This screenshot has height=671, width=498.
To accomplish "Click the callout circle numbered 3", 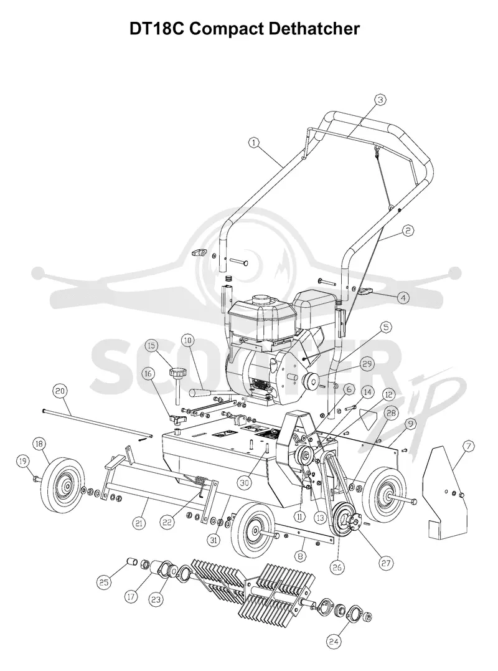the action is point(380,100).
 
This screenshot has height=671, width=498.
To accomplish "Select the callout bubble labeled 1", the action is point(255,143).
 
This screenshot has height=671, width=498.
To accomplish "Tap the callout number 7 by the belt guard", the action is point(469,446).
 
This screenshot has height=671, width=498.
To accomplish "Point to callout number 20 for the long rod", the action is point(60,391).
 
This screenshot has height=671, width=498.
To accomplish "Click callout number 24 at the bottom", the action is point(334,641).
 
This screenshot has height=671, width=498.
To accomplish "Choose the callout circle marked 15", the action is point(151,345).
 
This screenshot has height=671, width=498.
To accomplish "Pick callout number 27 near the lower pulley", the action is point(386,563).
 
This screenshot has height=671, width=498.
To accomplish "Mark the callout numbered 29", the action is point(367,364).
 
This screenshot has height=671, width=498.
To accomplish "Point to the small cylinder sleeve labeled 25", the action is point(132,561).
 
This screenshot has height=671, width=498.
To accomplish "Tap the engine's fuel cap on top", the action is point(259,298).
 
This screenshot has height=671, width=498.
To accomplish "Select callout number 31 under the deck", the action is point(214,540).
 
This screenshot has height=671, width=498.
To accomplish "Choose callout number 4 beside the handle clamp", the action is point(403,297).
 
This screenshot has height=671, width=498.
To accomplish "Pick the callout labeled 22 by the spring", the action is point(167,522).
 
